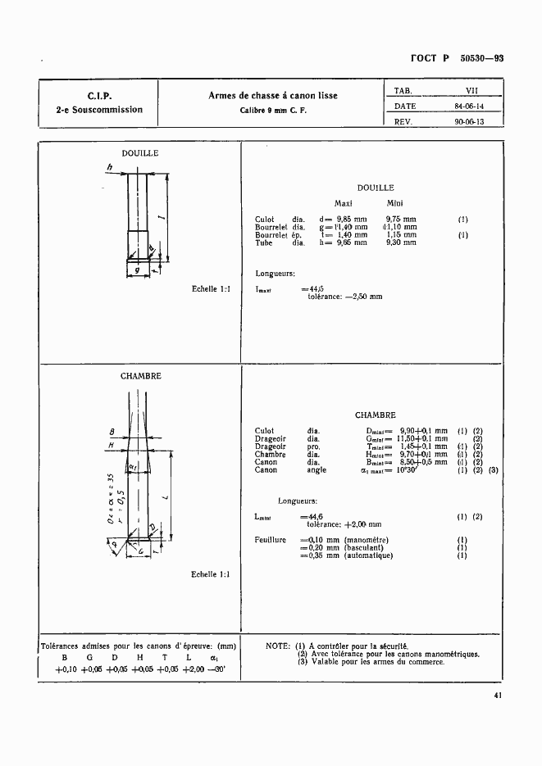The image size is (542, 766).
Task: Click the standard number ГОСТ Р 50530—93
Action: click(x=457, y=58)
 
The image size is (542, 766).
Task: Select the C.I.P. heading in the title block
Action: click(x=99, y=96)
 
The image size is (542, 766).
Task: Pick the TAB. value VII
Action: click(x=471, y=91)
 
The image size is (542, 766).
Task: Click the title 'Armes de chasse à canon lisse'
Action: click(x=273, y=96)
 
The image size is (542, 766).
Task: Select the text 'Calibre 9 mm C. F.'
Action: click(x=273, y=110)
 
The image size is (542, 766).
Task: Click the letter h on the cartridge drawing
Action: click(x=108, y=168)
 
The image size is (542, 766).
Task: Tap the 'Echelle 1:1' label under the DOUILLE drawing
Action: click(x=211, y=288)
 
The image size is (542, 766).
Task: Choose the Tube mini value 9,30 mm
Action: click(x=401, y=242)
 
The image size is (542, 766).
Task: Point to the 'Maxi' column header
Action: click(x=344, y=203)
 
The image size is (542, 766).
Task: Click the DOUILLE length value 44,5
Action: click(x=312, y=288)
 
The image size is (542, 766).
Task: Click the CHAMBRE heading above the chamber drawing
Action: click(x=140, y=376)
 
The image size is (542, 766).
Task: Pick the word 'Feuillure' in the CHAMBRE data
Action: click(x=271, y=540)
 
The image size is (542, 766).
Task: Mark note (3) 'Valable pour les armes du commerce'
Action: click(x=371, y=662)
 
